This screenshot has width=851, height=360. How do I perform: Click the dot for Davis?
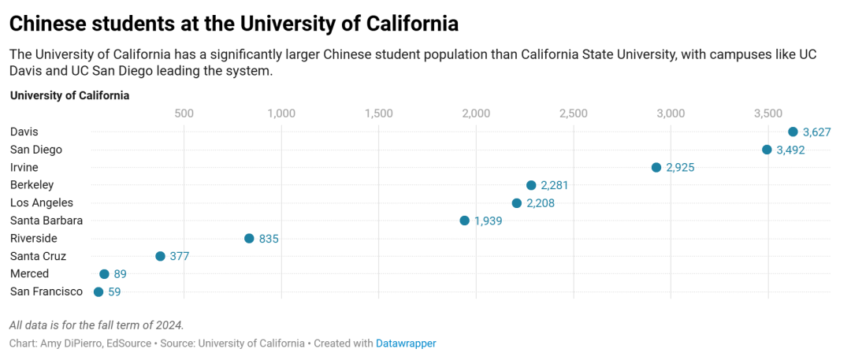pyautogui.click(x=793, y=132)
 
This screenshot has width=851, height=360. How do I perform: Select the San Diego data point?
pyautogui.click(x=767, y=150)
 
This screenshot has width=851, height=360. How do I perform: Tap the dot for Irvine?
pyautogui.click(x=656, y=167)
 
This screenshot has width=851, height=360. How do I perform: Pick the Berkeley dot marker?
pyautogui.click(x=531, y=185)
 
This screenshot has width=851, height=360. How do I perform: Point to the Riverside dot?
pyautogui.click(x=249, y=239)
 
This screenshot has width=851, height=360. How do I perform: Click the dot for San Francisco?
pyautogui.click(x=98, y=291)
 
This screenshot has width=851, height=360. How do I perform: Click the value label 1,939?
pyautogui.click(x=488, y=221)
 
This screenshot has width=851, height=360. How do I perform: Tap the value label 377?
pyautogui.click(x=180, y=256)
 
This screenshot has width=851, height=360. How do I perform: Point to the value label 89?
pyautogui.click(x=120, y=274)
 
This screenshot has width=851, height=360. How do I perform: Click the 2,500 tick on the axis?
pyautogui.click(x=573, y=113)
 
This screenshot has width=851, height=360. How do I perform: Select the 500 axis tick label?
pyautogui.click(x=184, y=113)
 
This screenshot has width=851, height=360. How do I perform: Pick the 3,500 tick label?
pyautogui.click(x=768, y=113)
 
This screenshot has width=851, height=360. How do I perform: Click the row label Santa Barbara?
pyautogui.click(x=46, y=221)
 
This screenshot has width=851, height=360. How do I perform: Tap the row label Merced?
pyautogui.click(x=29, y=273)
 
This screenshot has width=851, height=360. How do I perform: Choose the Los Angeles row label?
pyautogui.click(x=41, y=202)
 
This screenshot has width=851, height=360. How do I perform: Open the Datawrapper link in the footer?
pyautogui.click(x=406, y=343)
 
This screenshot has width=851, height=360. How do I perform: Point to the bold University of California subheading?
pyautogui.click(x=69, y=95)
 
